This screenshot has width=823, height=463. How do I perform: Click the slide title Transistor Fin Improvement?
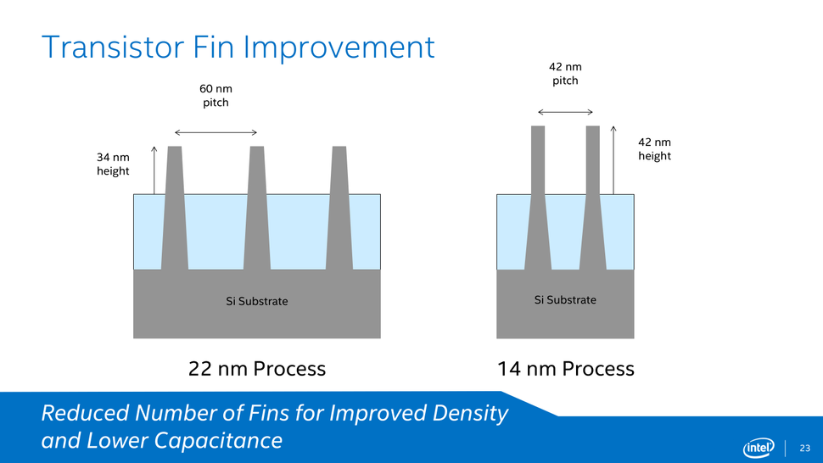(238, 47)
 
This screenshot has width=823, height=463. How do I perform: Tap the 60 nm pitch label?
(216, 96)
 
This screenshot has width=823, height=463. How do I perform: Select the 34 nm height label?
(113, 165)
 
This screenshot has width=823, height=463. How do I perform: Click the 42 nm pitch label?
(565, 74)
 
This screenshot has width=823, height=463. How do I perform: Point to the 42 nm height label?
(654, 149)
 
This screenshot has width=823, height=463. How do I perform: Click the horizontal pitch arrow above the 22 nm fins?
(216, 132)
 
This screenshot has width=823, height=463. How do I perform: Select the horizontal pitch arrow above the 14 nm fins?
(565, 112)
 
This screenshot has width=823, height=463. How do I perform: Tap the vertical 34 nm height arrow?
(154, 170)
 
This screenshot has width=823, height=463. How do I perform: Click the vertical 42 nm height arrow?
(613, 160)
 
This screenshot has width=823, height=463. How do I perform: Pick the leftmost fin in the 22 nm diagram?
(175, 208)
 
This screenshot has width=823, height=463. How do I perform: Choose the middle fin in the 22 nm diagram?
(257, 208)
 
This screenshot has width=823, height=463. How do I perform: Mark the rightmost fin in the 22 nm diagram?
(339, 208)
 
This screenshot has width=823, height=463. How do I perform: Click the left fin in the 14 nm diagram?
(538, 198)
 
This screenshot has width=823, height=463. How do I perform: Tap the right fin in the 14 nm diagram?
(592, 198)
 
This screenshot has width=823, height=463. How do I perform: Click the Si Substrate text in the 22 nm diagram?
(257, 302)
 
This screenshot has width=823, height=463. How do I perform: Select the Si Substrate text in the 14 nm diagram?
(565, 300)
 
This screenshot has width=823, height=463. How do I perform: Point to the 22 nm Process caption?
(257, 369)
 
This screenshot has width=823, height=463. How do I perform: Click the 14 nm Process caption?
(566, 369)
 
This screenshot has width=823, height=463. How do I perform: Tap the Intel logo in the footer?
(759, 448)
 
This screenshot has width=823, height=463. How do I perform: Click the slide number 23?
(805, 449)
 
